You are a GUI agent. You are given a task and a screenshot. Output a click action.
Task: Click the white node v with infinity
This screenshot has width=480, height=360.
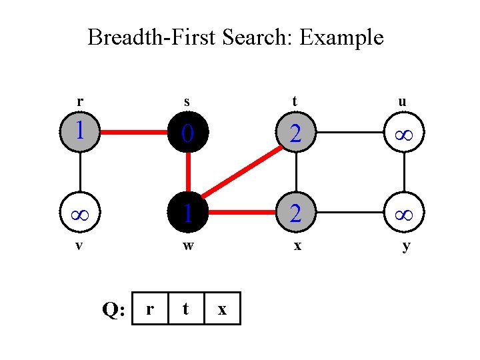[80, 214]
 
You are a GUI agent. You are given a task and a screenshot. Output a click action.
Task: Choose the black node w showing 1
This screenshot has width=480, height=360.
[188, 214]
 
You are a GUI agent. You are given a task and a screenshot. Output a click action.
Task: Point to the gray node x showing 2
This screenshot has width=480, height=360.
[295, 214]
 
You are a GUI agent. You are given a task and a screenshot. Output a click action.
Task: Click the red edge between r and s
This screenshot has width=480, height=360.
[134, 132]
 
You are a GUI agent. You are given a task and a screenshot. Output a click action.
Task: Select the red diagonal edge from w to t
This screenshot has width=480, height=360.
[241, 173]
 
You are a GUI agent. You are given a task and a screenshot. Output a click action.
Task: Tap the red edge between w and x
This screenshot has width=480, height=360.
[241, 214]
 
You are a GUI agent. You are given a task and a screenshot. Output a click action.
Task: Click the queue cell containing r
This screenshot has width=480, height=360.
[151, 309]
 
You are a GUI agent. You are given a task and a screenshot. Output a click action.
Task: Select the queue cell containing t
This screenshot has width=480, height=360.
[186, 309]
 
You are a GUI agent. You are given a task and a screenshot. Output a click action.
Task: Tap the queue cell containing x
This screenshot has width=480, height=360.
[222, 309]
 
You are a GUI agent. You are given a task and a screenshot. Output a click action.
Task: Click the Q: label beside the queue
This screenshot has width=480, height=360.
[112, 309]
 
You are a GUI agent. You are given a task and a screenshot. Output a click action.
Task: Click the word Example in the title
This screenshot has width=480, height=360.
[341, 37]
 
